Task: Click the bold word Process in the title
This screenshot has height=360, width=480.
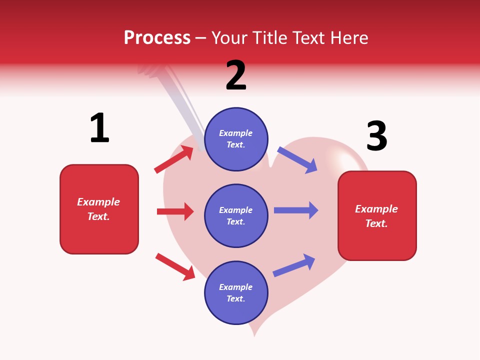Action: [x=157, y=38]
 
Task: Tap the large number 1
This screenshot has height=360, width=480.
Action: [x=99, y=128]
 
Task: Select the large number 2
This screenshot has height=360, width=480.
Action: [x=236, y=75]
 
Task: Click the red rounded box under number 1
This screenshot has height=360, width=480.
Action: [x=99, y=209]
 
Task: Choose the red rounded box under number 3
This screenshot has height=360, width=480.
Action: [x=377, y=215]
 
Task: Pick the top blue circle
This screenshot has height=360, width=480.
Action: [x=236, y=139]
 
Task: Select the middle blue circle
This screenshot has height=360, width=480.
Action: [x=236, y=215]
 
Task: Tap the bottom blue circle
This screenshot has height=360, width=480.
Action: [x=236, y=292]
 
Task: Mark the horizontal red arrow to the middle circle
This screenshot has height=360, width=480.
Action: [x=175, y=211]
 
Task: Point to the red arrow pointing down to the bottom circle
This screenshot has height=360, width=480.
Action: [x=175, y=266]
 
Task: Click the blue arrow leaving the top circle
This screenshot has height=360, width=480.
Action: [x=297, y=159]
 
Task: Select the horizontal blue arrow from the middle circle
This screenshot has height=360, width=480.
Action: [x=295, y=210]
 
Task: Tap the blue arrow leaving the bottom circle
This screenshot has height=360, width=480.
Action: [x=294, y=265]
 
